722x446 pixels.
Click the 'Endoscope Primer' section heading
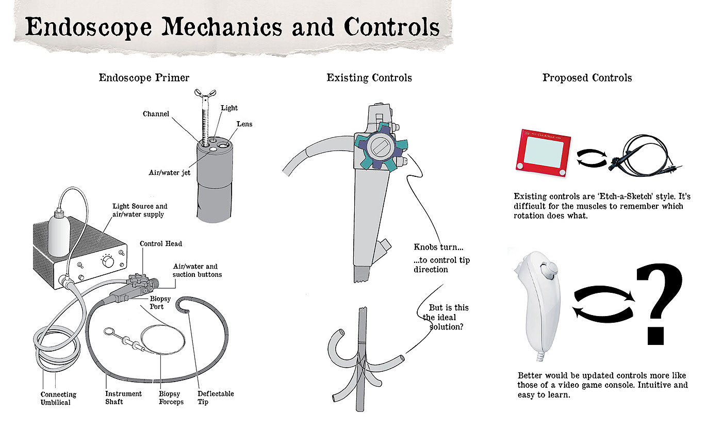[x=144, y=78]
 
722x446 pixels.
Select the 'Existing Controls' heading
[x=369, y=78]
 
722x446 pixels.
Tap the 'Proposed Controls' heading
[x=587, y=78]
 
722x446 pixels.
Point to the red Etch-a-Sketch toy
[x=543, y=153]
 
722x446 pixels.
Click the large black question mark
[x=659, y=304]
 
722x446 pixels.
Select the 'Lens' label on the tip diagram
[x=244, y=124]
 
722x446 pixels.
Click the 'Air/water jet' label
[x=169, y=173]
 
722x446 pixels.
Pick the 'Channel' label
[x=156, y=114]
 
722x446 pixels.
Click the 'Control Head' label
[x=161, y=243]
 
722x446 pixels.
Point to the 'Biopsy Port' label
[x=160, y=303]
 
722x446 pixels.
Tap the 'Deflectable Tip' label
[x=216, y=398]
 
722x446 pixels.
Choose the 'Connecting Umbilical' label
[x=58, y=398]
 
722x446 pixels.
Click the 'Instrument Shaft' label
[x=123, y=398]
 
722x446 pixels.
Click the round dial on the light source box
[x=108, y=262]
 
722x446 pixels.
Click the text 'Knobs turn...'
[x=438, y=247]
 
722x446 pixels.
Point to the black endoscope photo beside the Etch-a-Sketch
[x=645, y=156]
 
